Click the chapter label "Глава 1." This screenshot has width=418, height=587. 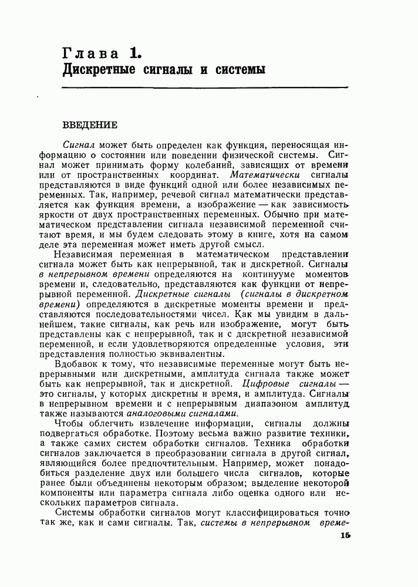[101, 54]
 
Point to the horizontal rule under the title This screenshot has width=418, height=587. [205, 88]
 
